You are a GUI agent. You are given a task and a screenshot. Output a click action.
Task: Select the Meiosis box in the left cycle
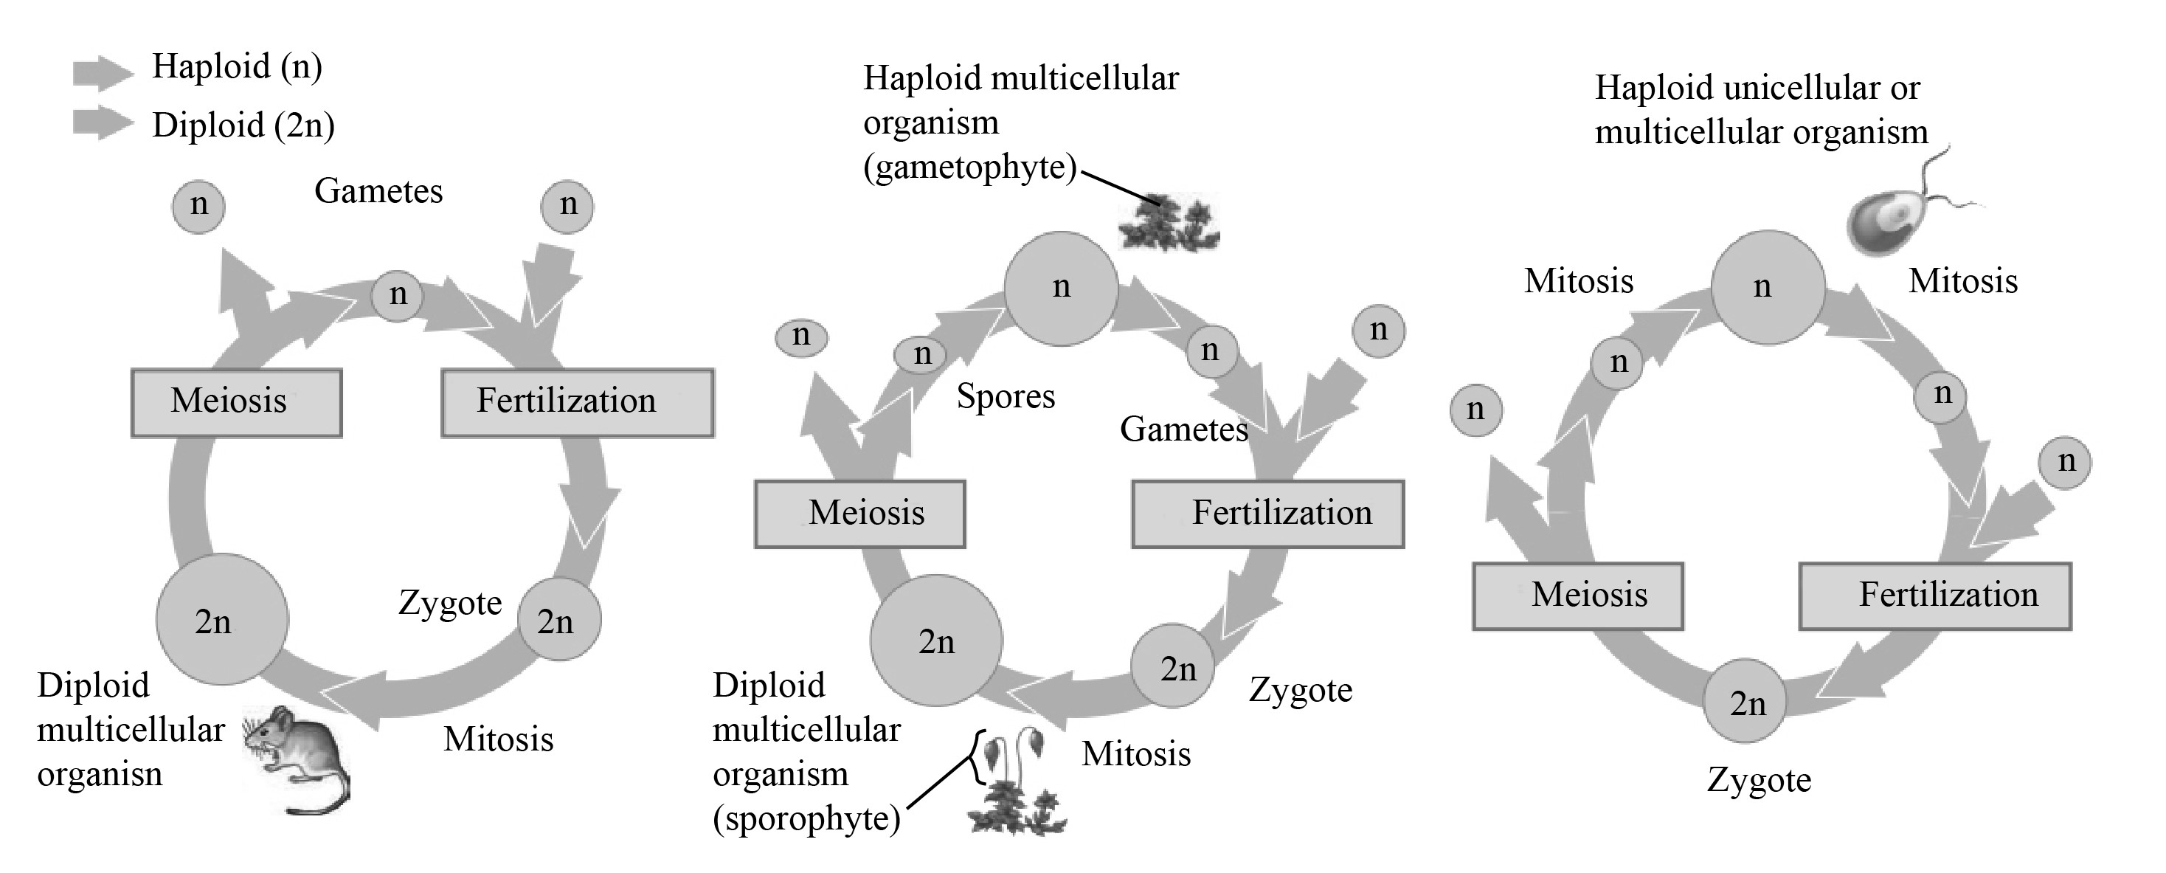click(x=236, y=402)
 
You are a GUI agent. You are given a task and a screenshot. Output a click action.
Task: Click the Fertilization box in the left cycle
click(x=577, y=402)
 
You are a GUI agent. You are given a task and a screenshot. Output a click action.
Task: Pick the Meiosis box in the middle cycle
click(x=859, y=514)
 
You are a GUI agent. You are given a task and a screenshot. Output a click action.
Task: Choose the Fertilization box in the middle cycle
click(x=1267, y=514)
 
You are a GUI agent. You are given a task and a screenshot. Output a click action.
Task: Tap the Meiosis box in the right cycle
click(x=1577, y=596)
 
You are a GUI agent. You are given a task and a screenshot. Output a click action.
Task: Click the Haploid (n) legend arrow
click(x=102, y=72)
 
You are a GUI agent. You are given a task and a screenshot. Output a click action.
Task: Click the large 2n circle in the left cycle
click(x=222, y=619)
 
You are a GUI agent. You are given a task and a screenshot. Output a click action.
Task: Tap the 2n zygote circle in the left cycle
click(x=558, y=619)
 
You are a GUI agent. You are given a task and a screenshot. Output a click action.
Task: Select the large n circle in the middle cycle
click(x=1061, y=289)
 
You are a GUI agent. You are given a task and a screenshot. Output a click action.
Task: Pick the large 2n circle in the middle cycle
click(x=936, y=641)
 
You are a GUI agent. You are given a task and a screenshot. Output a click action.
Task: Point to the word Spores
click(x=1006, y=396)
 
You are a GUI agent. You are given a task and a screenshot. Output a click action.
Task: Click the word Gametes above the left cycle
click(x=378, y=192)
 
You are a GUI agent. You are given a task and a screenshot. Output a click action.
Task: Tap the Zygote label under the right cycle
click(x=1759, y=781)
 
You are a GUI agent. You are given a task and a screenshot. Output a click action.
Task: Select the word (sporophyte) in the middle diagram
click(x=806, y=818)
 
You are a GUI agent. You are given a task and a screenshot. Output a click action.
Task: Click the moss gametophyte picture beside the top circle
click(x=1167, y=223)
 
